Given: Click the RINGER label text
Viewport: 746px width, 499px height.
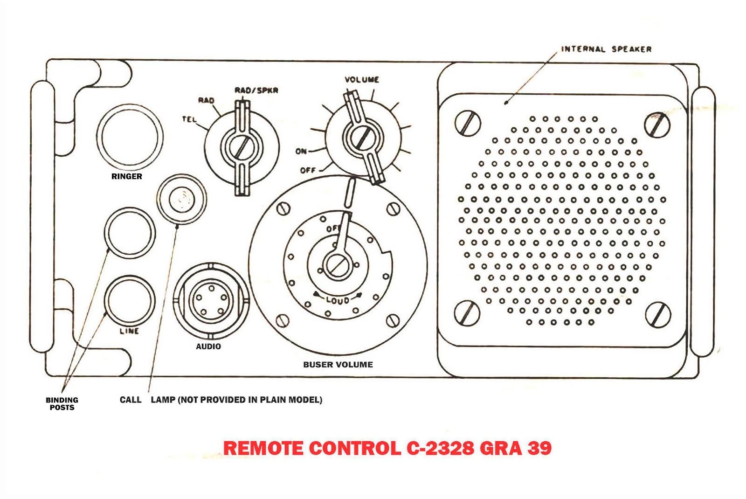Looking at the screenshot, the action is coord(126,176).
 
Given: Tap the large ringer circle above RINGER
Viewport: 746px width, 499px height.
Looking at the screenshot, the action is coord(130,137).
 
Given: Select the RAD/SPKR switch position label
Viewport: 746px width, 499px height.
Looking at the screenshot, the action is coord(256,90).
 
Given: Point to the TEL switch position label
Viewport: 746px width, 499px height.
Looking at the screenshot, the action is coord(189,119).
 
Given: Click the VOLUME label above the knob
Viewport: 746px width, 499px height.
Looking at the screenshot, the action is coord(362,80).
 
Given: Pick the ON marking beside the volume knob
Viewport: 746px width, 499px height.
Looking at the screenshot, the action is coord(301,151).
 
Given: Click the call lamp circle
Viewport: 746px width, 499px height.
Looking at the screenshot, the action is coord(181,199).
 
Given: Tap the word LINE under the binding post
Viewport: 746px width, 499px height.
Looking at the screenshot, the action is coord(129,331).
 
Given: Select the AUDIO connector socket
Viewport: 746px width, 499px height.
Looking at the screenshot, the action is coord(211,301).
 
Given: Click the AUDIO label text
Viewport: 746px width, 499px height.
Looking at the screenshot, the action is coord(208,347).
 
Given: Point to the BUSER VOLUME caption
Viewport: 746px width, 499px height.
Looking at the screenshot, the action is coord(338,364).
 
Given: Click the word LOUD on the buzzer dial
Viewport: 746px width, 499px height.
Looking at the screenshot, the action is coord(338,300).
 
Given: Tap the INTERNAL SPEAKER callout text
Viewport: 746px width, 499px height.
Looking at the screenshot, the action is coord(606,49).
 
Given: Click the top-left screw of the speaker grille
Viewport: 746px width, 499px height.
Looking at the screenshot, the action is coord(468,123).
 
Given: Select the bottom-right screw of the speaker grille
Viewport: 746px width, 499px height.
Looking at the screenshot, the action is coord(658,315).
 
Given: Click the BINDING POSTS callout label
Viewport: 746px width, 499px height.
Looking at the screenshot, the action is coord(62,403).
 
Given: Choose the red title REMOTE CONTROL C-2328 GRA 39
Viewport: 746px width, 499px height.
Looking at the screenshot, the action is coord(387,448).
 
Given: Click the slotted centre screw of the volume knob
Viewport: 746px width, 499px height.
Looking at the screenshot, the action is coord(363,138).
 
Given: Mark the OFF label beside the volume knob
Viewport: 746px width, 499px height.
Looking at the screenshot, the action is coord(308,170).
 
